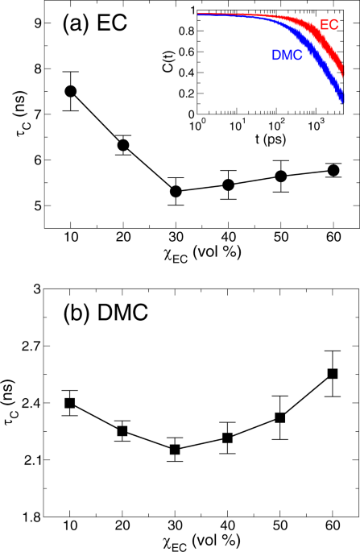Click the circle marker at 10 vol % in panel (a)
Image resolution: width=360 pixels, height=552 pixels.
point(71,91)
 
